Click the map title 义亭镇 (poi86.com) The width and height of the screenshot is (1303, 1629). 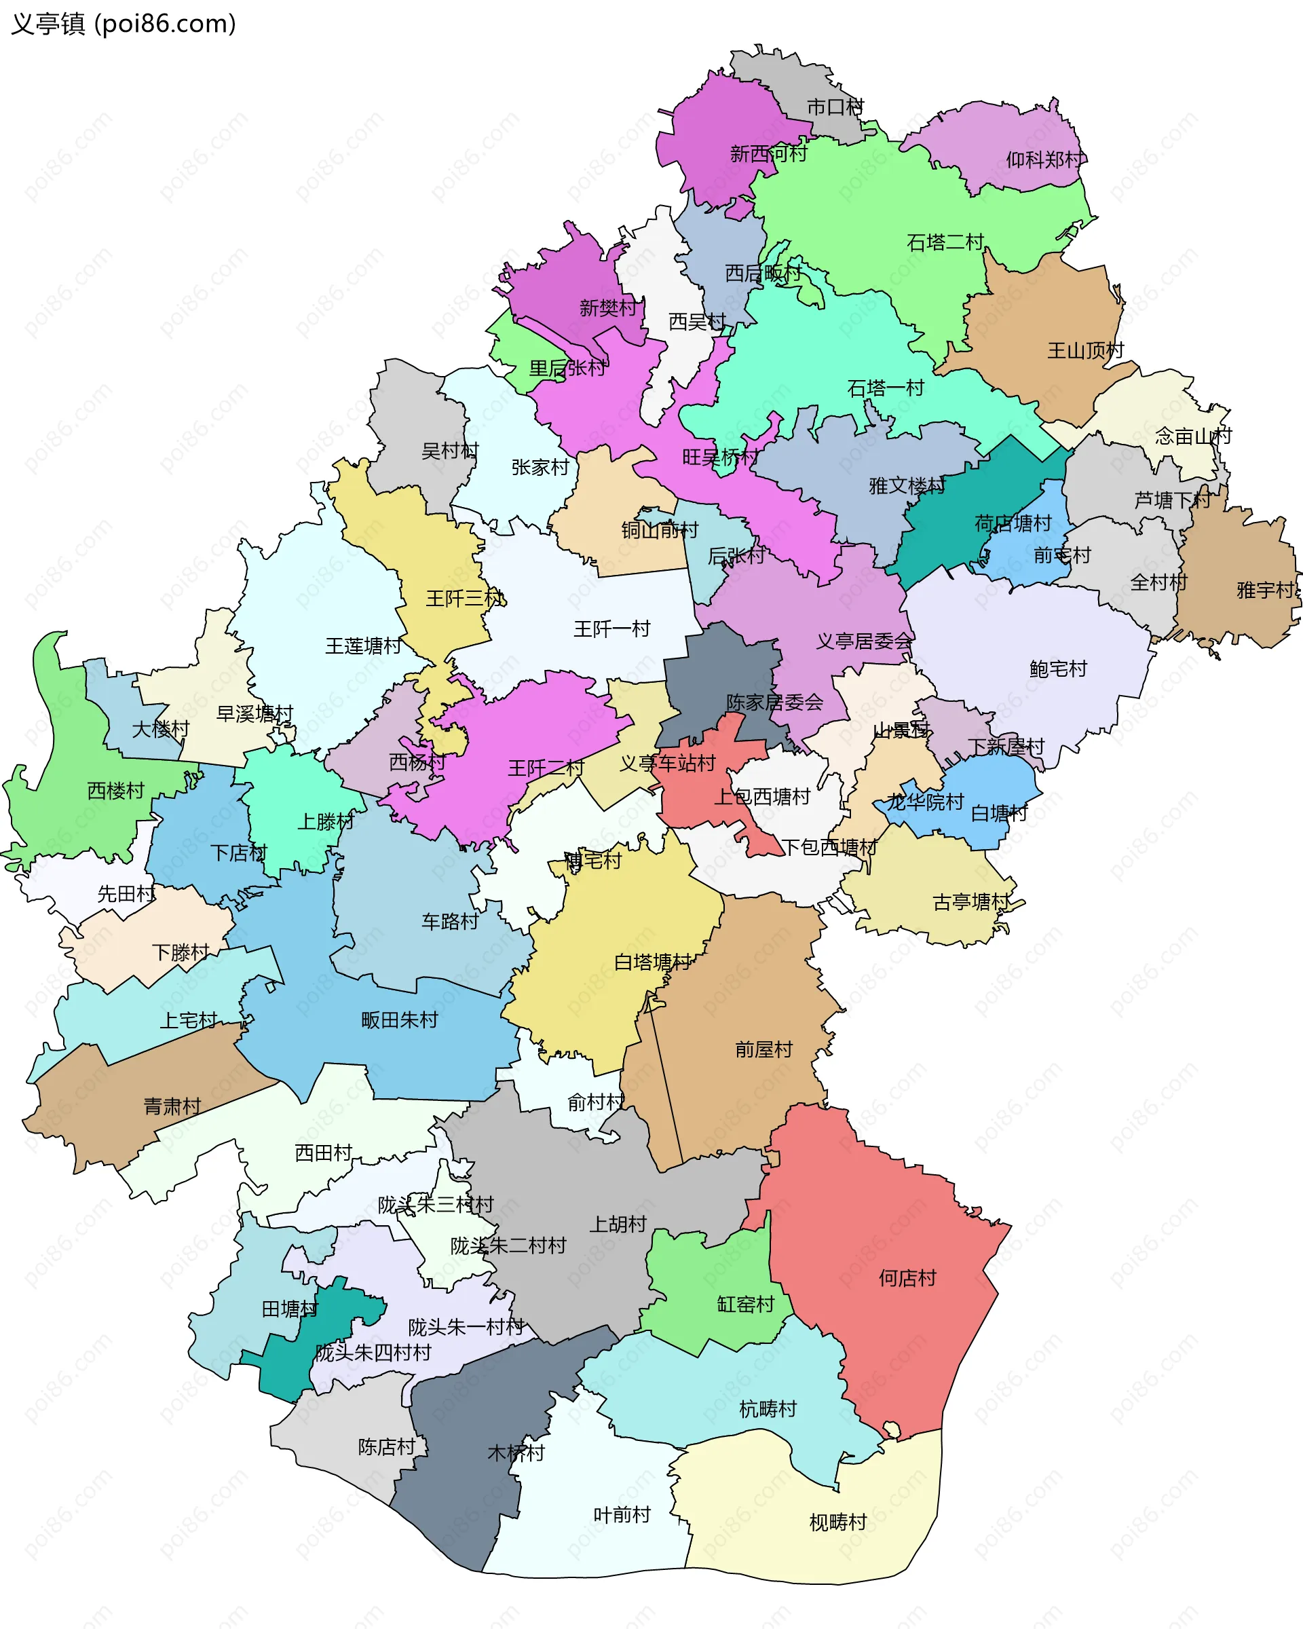[x=123, y=24]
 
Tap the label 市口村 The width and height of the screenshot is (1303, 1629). [x=835, y=107]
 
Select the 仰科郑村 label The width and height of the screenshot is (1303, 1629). [x=1045, y=160]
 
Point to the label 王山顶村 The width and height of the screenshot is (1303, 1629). [x=1085, y=351]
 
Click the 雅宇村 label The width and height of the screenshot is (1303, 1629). [x=1265, y=590]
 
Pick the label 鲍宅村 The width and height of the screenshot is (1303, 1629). [x=1057, y=669]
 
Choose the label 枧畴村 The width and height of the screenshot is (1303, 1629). [x=837, y=1522]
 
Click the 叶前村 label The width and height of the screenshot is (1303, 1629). [x=622, y=1515]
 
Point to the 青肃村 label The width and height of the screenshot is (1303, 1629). [x=172, y=1107]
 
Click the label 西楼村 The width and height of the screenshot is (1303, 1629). [x=115, y=791]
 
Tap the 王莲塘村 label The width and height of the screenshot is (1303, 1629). [x=363, y=646]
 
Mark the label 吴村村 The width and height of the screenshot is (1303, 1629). [x=450, y=451]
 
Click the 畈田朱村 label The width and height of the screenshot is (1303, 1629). [x=400, y=1020]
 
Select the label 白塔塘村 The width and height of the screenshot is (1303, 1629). [x=653, y=962]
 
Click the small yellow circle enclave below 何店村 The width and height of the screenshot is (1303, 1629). [x=891, y=1430]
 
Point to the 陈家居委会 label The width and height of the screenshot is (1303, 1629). [x=774, y=702]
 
